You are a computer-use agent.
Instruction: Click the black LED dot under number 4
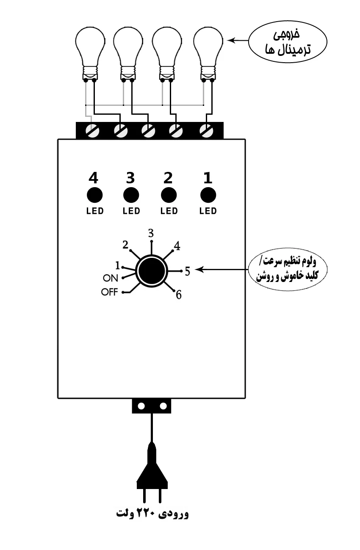(94, 195)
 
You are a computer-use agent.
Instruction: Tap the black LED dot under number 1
(208, 195)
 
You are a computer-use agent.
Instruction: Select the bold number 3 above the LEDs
(130, 178)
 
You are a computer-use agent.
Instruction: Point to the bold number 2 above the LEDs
(168, 178)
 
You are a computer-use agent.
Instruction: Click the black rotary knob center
(152, 271)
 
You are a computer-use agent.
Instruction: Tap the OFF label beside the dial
(110, 292)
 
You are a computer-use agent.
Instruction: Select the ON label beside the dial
(111, 278)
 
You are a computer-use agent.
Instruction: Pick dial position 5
(187, 271)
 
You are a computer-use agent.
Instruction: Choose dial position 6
(179, 295)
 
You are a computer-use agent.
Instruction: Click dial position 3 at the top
(151, 233)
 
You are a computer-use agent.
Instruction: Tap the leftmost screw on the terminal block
(92, 131)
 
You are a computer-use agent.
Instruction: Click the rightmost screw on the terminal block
(207, 131)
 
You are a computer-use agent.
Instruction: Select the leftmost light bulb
(90, 53)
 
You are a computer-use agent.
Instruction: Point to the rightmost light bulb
(208, 53)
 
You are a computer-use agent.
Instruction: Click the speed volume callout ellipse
(288, 270)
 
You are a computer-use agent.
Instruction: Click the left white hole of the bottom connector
(141, 406)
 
